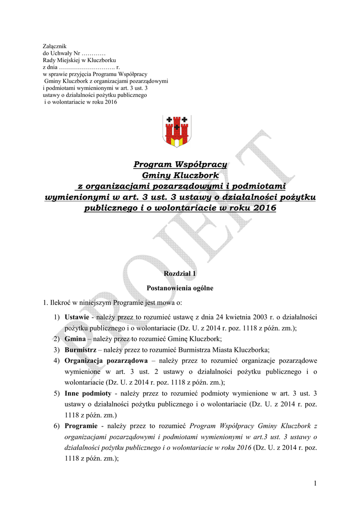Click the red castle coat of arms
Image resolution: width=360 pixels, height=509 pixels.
(x=177, y=131)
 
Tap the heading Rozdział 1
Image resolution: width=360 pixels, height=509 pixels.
(x=180, y=274)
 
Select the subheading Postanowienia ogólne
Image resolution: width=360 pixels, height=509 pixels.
(x=180, y=288)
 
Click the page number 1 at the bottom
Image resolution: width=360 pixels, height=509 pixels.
(x=315, y=483)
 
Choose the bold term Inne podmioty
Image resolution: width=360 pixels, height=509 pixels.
(x=88, y=393)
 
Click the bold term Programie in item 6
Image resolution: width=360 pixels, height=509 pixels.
(x=81, y=426)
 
